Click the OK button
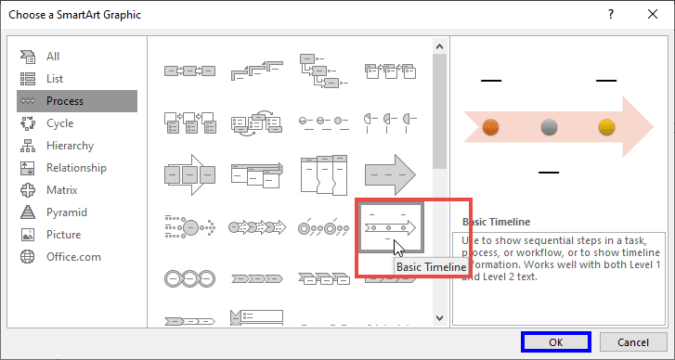click(555, 342)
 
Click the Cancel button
click(631, 342)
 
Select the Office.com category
click(73, 256)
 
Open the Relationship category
click(76, 167)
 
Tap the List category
click(56, 78)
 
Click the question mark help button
click(611, 14)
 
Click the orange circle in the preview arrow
click(492, 127)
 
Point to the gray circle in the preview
click(549, 127)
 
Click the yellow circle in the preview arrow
click(606, 127)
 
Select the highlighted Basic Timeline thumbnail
click(391, 226)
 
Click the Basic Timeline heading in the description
click(496, 222)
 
